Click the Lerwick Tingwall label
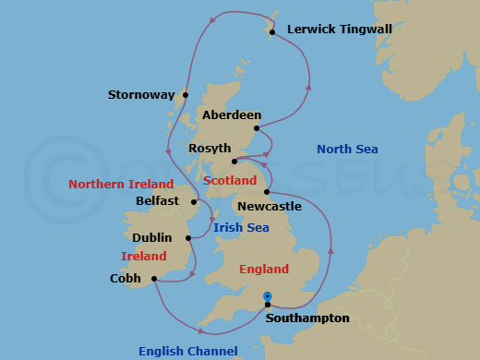(x=340, y=30)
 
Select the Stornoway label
(x=141, y=94)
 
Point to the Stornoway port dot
(x=186, y=94)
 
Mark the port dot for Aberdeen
(x=257, y=127)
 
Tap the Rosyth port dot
(x=234, y=161)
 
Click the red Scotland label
(x=231, y=181)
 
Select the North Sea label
(x=347, y=149)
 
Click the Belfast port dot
(x=194, y=201)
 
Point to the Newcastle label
(x=269, y=207)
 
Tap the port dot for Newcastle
(x=267, y=192)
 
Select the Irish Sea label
(x=241, y=227)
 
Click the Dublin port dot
(x=188, y=238)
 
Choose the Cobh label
(x=126, y=278)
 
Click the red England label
(x=264, y=270)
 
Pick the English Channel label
(x=188, y=351)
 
